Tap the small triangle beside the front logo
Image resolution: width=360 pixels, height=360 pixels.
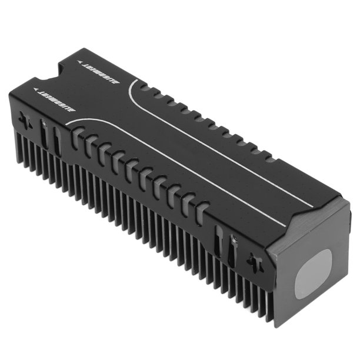coord(37,90)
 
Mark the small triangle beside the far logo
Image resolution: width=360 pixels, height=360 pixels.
coord(79,60)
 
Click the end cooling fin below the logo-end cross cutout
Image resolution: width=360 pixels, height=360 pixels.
coord(21,144)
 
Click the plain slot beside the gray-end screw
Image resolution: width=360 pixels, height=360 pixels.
coord(218,241)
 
